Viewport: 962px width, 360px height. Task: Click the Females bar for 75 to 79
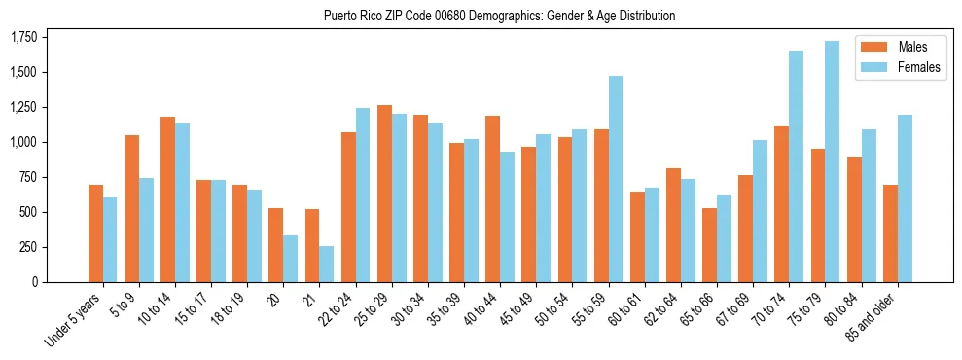click(x=832, y=162)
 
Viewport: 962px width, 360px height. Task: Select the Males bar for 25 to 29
click(x=384, y=194)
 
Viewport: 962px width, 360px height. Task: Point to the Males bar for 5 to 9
click(x=131, y=208)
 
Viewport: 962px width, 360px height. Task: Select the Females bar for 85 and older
click(x=904, y=198)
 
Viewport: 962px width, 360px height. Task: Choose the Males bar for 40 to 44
click(x=492, y=198)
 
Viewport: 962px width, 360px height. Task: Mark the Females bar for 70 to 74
click(x=796, y=166)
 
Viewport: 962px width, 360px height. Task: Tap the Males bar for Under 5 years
click(x=95, y=234)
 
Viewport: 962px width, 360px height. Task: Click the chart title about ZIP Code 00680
click(x=499, y=16)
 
